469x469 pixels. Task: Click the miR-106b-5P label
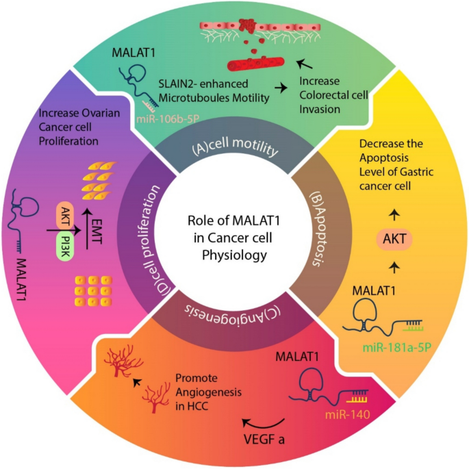[168, 119]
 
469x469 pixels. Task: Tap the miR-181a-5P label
[397, 347]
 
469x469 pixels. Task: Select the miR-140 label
[348, 414]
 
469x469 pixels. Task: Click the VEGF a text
[264, 440]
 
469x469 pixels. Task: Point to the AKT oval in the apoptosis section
[394, 239]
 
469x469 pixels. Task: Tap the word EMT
[97, 231]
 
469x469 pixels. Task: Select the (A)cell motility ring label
[235, 147]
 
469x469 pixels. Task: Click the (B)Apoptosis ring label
[320, 229]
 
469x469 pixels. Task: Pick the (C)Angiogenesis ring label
[232, 314]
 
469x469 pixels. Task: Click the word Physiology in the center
[234, 255]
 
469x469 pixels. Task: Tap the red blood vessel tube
[256, 64]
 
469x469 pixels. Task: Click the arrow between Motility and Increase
[281, 88]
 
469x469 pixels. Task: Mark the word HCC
[198, 406]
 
